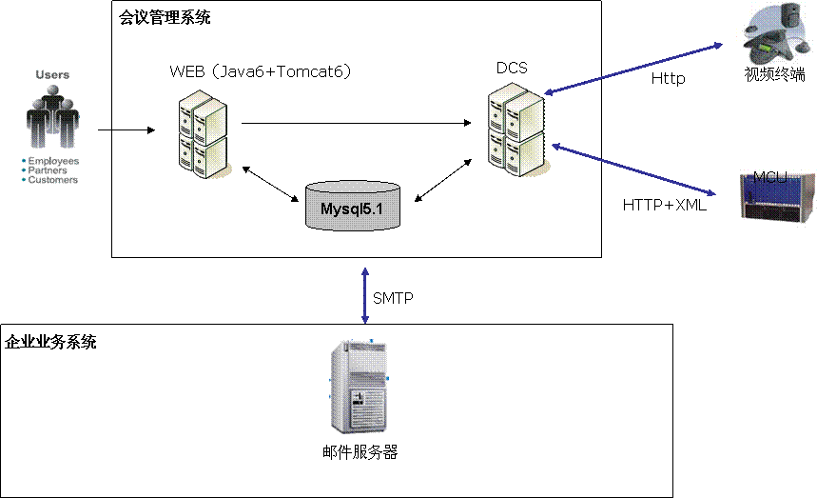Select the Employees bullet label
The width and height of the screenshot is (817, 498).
tap(53, 162)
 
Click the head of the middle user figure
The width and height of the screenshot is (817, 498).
tap(50, 91)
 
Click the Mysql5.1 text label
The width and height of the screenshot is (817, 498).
tap(352, 207)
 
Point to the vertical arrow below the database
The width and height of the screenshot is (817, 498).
tap(365, 295)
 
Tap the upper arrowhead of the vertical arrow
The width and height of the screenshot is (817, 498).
tap(365, 272)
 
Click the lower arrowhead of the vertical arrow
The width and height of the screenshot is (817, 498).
tap(365, 321)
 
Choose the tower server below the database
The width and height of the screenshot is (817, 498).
tap(359, 387)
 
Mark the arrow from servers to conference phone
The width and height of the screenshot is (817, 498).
tap(632, 68)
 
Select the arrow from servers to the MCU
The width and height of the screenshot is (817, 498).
tap(632, 169)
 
